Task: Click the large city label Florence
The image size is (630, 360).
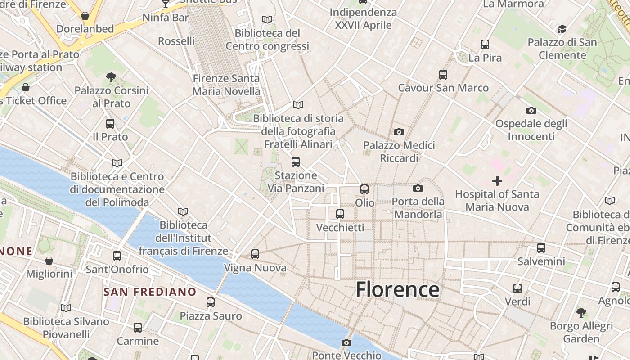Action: pos(397,289)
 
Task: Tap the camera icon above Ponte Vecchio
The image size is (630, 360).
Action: pos(346,342)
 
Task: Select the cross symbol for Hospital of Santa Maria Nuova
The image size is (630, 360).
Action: pos(497,181)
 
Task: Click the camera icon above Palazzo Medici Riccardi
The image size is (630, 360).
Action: pos(399,132)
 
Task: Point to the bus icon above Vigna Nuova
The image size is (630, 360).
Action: pos(255,254)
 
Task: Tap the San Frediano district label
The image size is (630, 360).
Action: pos(150,292)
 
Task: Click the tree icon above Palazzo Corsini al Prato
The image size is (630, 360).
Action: pos(111,77)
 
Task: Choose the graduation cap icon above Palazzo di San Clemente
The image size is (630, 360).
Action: pos(562,30)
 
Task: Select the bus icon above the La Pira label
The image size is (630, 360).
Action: pos(485,45)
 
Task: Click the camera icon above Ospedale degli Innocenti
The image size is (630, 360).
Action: pos(531,110)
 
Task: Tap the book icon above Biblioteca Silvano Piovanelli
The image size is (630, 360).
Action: pos(66,308)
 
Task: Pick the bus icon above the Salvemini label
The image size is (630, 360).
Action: pos(541,248)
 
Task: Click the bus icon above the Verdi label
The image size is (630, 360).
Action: pos(517,288)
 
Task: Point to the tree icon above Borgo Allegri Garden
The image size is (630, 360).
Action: pos(581,312)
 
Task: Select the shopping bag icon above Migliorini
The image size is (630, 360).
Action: pos(49,261)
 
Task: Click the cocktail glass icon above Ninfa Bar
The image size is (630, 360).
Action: pos(165,4)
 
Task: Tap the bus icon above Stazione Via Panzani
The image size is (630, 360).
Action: pos(296,162)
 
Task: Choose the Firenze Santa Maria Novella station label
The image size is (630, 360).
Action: pos(226,85)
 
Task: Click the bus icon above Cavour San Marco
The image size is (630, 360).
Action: pos(443,75)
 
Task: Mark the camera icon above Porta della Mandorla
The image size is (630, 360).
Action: pos(418,188)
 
